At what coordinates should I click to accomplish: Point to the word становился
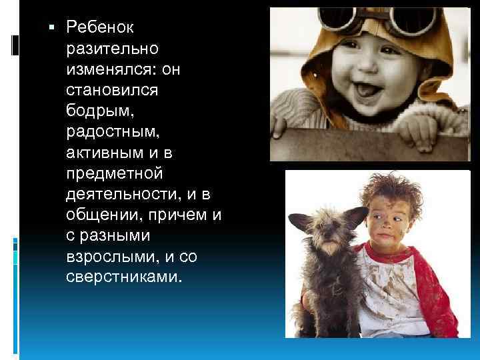(110, 89)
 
